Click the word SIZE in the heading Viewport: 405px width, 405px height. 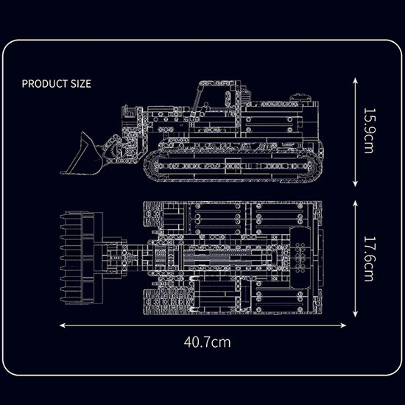tap(81, 84)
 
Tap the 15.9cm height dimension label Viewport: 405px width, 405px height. tap(369, 130)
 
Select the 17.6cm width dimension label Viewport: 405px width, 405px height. tap(369, 258)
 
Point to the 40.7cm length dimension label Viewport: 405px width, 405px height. tap(207, 342)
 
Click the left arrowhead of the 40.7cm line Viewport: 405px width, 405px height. tap(63, 325)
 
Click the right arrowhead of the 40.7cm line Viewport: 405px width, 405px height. tap(343, 325)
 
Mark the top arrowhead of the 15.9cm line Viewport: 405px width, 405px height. tap(356, 80)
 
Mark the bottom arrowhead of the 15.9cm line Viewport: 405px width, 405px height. tap(356, 184)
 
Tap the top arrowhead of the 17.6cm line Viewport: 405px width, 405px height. tap(356, 203)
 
